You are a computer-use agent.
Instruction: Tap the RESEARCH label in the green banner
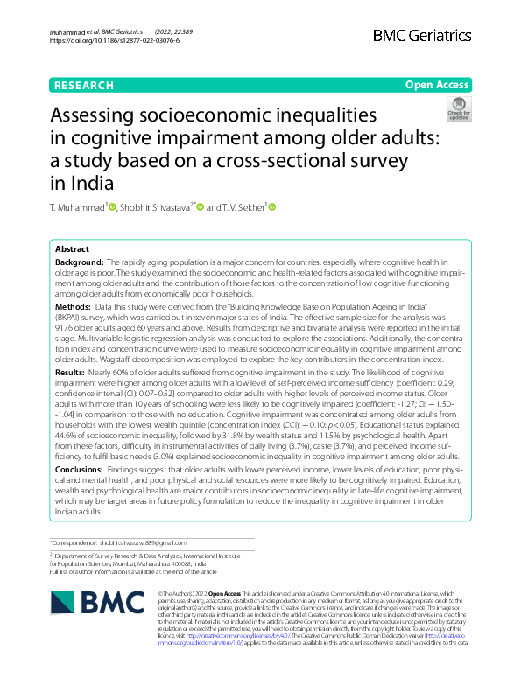tap(83, 86)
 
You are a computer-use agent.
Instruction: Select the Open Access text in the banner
tap(437, 85)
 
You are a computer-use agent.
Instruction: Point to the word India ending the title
tap(92, 182)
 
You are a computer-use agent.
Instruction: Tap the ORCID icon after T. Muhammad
tap(112, 207)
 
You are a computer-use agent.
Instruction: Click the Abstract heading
tap(72, 248)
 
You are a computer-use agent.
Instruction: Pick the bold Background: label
tap(79, 262)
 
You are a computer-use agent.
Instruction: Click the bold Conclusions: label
tap(81, 470)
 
